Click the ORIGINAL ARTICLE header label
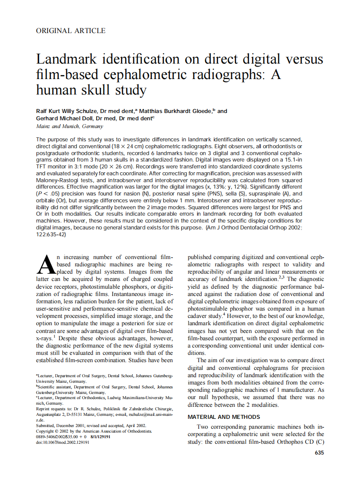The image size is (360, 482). coord(71,31)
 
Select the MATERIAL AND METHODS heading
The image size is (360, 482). coord(224,417)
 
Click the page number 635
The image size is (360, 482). coord(319,452)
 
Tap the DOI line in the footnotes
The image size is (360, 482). coord(63,442)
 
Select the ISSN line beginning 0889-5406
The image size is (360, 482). coord(73,436)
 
